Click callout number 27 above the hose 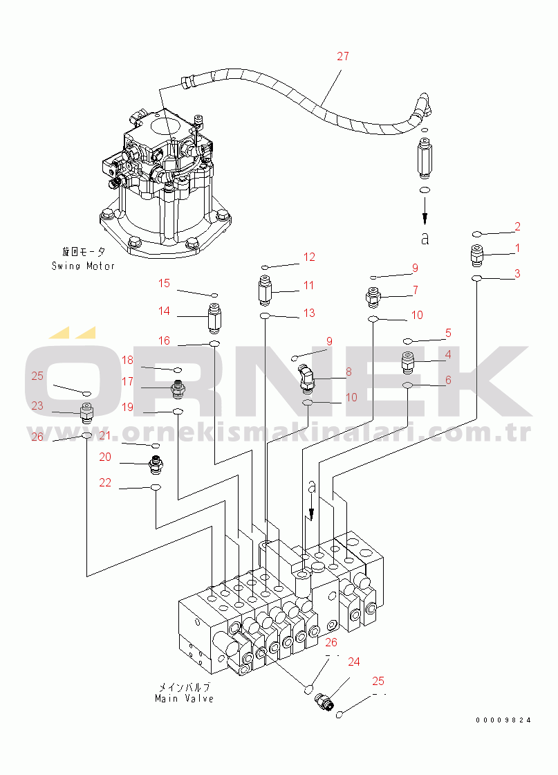point(343,57)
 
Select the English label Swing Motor point(83,266)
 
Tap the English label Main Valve point(184,698)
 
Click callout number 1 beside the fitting point(517,248)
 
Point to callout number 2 point(517,226)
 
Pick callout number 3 point(517,274)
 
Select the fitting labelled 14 point(214,318)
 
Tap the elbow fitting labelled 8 point(305,378)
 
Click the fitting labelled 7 point(373,298)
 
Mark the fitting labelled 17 point(178,388)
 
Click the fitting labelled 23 point(86,414)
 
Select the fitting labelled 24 point(324,702)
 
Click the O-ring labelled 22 point(156,489)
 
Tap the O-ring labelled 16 point(214,343)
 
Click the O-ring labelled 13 point(265,316)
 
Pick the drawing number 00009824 point(503,720)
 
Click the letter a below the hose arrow point(425,239)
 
